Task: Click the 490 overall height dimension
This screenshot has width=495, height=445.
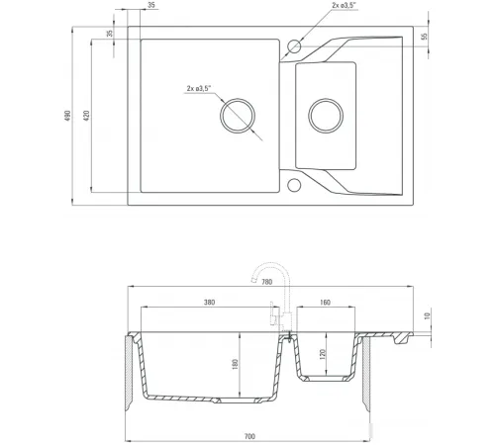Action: [x=67, y=116]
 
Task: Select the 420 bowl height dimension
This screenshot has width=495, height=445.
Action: [x=86, y=116]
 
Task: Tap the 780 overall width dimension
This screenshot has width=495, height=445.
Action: [x=266, y=282]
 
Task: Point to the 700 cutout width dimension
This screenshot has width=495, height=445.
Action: [x=249, y=436]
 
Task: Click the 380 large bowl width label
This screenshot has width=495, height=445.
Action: [x=209, y=303]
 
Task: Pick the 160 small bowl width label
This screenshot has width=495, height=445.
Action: [x=325, y=303]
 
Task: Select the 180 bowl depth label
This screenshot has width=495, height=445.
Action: [x=236, y=364]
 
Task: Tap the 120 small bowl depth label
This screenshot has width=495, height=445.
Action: [x=323, y=354]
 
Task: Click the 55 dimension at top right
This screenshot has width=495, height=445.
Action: [x=425, y=37]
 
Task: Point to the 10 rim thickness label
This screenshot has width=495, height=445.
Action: [x=428, y=315]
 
